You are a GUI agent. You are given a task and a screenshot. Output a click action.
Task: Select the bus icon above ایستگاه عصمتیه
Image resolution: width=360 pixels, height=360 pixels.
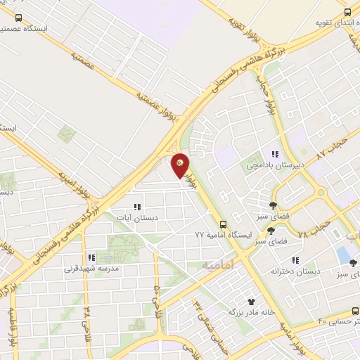click(18, 18)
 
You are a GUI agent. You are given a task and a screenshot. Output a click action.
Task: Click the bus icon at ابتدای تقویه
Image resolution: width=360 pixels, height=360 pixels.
click(347, 11)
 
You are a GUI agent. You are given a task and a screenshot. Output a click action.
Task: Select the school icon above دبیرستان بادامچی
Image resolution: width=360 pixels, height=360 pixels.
click(276, 154)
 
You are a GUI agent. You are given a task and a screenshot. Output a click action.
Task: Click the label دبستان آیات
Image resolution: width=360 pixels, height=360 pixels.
click(138, 218)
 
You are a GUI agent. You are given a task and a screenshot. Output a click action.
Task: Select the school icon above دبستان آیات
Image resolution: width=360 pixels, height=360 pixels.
click(138, 207)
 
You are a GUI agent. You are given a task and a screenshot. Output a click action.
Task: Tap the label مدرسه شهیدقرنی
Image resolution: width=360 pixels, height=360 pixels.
click(91, 269)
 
